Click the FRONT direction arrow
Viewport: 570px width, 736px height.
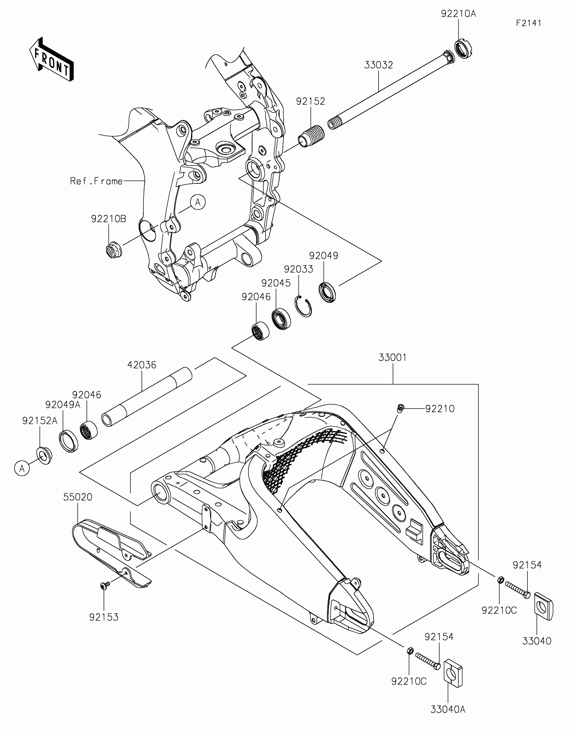coord(52,59)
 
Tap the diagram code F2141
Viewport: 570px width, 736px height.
coord(528,23)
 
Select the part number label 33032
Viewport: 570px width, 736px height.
coord(378,65)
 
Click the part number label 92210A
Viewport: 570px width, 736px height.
coord(458,14)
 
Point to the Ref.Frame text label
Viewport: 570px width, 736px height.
coord(96,181)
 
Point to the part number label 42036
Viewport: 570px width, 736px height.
coord(141,365)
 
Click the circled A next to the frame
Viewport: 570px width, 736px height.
coord(198,202)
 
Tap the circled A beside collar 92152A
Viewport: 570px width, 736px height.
coord(22,469)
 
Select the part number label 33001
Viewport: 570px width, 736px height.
coord(392,358)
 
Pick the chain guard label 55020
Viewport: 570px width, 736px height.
coord(77,497)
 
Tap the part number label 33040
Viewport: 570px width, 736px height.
coord(536,641)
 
